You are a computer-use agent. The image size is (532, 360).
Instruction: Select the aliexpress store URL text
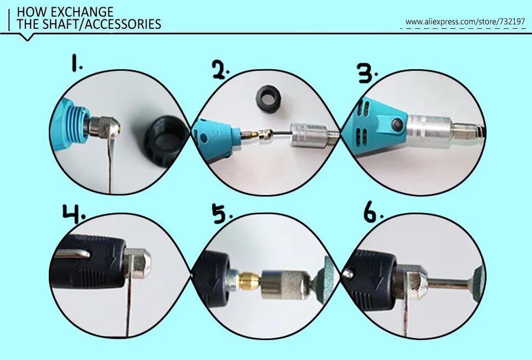(x=465, y=22)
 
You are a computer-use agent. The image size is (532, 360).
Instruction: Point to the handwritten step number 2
(x=221, y=69)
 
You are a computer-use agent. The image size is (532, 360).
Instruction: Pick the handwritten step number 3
(x=368, y=73)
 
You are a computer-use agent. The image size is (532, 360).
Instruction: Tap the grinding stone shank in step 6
(x=448, y=285)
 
